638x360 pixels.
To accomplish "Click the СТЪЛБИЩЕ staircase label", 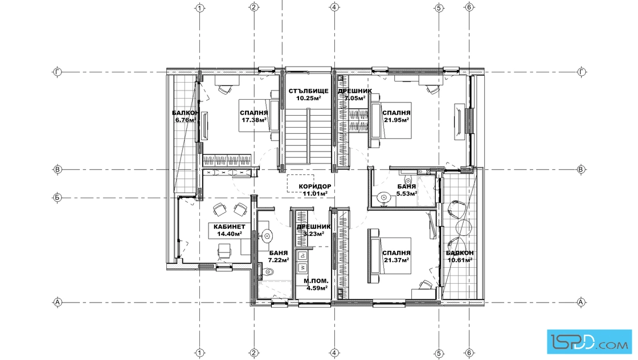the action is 308,91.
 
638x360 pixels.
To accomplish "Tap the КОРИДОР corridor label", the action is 315,186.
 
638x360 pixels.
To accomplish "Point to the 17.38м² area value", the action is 254,120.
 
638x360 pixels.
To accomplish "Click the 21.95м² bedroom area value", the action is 396,120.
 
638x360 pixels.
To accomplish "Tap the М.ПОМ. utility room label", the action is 316,281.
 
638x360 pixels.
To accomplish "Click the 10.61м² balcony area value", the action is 460,260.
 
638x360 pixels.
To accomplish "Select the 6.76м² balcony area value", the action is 186,120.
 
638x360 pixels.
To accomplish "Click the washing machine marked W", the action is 302,267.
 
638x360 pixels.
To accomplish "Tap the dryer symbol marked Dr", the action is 302,256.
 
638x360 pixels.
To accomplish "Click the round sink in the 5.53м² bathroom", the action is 383,198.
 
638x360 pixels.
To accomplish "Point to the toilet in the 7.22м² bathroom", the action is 266,272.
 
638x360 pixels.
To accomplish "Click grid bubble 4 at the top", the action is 334,7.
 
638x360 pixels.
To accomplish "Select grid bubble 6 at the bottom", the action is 469,353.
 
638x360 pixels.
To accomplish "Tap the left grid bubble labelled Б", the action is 58,198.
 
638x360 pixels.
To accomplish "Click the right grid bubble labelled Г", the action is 581,72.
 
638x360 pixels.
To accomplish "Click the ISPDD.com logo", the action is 589,341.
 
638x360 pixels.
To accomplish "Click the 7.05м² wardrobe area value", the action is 355,98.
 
